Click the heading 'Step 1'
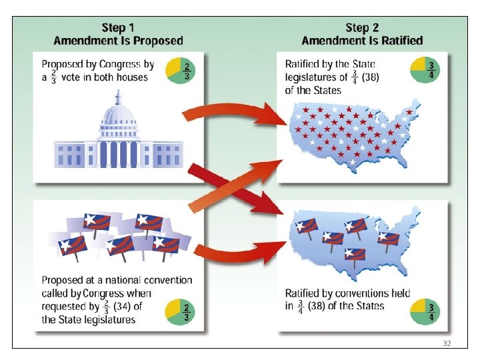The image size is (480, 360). (x=118, y=28)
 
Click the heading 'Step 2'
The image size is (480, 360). (x=361, y=28)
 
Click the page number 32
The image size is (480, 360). (x=447, y=342)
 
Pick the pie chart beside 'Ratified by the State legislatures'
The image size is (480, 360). (x=424, y=70)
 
